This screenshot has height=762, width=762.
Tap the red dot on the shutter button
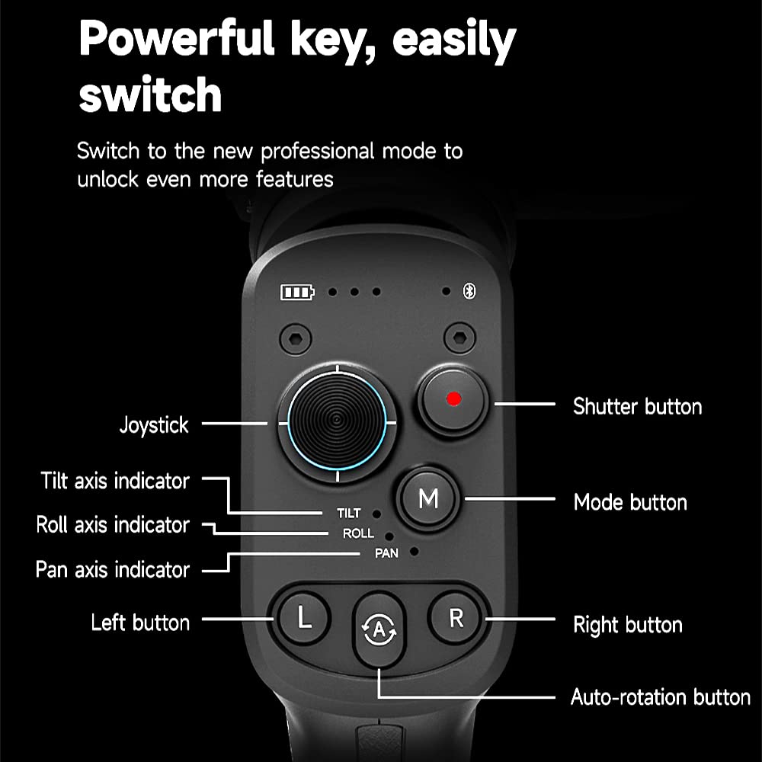pyautogui.click(x=453, y=399)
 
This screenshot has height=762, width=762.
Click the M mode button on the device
pyautogui.click(x=428, y=498)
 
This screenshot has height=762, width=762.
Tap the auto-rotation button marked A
pyautogui.click(x=379, y=629)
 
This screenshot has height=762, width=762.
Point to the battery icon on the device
pyautogui.click(x=297, y=292)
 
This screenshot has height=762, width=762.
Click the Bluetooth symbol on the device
pyautogui.click(x=469, y=291)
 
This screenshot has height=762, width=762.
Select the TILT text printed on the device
pyautogui.click(x=348, y=513)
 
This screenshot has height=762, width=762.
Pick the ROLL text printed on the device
pyautogui.click(x=358, y=533)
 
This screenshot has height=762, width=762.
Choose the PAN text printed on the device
pyautogui.click(x=386, y=553)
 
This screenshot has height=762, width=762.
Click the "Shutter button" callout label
pyautogui.click(x=637, y=406)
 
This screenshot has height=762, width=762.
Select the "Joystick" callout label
pyautogui.click(x=154, y=425)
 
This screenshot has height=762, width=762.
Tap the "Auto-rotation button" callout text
pyautogui.click(x=661, y=697)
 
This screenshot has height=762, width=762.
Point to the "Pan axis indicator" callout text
pyautogui.click(x=112, y=569)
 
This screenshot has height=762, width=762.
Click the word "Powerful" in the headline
pyautogui.click(x=177, y=38)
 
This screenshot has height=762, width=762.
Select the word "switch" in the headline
pyautogui.click(x=150, y=94)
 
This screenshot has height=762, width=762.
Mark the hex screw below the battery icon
pyautogui.click(x=296, y=339)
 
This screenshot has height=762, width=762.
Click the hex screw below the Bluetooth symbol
pyautogui.click(x=459, y=338)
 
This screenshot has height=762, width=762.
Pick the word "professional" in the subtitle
pyautogui.click(x=317, y=152)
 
